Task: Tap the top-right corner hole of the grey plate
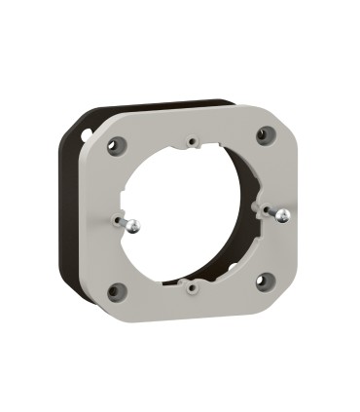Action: point(264,135)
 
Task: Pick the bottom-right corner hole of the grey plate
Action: point(262,281)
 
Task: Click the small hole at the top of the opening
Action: point(195,142)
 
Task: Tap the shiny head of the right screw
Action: point(280,216)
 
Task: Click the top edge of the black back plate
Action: point(156,103)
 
